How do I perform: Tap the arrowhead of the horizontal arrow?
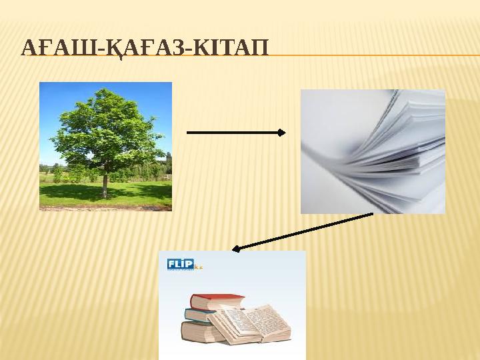pyautogui.click(x=281, y=133)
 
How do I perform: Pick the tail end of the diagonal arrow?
pyautogui.click(x=370, y=214)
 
